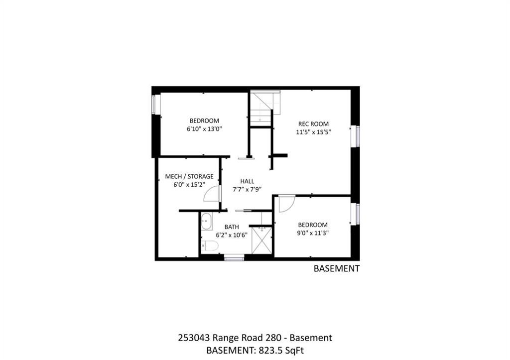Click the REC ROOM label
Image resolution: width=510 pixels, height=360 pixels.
click(x=313, y=124)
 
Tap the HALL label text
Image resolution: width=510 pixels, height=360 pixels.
click(x=247, y=181)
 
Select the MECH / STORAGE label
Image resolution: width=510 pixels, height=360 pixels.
click(x=189, y=177)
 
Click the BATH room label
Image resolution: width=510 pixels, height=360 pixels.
click(x=232, y=227)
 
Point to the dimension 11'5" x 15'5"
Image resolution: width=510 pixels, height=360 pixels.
click(x=313, y=132)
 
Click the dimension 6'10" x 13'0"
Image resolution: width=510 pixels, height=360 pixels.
click(x=204, y=129)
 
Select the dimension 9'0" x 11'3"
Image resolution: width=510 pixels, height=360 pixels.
click(x=313, y=233)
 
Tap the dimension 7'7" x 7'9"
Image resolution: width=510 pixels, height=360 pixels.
click(x=247, y=190)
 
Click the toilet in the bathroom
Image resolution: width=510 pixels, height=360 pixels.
click(x=210, y=246)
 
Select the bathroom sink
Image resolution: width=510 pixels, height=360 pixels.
click(x=207, y=222)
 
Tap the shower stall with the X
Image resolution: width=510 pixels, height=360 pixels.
click(x=262, y=240)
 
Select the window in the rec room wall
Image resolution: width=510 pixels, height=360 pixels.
click(x=358, y=136)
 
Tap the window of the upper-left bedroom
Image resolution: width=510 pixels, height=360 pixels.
click(x=154, y=104)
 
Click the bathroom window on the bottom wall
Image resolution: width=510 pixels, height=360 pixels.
click(x=234, y=259)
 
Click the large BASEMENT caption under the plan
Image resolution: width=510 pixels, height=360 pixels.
click(x=337, y=268)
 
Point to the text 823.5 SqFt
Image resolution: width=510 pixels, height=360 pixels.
click(x=281, y=351)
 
